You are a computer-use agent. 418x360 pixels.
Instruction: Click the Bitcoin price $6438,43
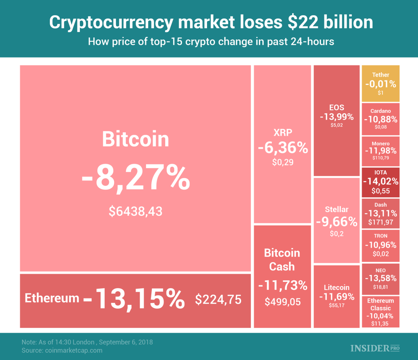click(136, 211)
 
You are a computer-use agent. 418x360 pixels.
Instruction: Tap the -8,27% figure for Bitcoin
click(136, 178)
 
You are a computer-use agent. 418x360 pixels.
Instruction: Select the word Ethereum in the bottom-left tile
click(52, 298)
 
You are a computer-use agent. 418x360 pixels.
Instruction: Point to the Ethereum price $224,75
click(218, 299)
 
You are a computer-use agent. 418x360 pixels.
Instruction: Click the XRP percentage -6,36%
click(283, 148)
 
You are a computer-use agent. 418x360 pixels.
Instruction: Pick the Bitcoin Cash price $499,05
click(282, 302)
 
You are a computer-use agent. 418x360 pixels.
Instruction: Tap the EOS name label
click(337, 107)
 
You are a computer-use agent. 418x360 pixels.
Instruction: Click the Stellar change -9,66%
click(337, 222)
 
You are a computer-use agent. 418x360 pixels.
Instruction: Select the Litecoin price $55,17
click(337, 305)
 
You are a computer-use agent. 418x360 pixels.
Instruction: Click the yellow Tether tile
click(380, 84)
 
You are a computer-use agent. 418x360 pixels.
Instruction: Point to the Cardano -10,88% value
click(380, 119)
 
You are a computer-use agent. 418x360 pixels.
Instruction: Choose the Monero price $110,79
click(380, 158)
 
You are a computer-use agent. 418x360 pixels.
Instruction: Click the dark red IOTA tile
click(380, 182)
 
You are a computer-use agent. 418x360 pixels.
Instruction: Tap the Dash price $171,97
click(380, 222)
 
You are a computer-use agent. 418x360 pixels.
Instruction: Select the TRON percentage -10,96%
click(380, 245)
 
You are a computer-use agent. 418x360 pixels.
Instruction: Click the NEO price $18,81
click(380, 287)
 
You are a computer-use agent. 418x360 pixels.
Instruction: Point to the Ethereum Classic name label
click(380, 304)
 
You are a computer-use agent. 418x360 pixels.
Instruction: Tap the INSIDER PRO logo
click(375, 348)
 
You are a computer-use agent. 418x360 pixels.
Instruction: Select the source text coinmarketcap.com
click(73, 351)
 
